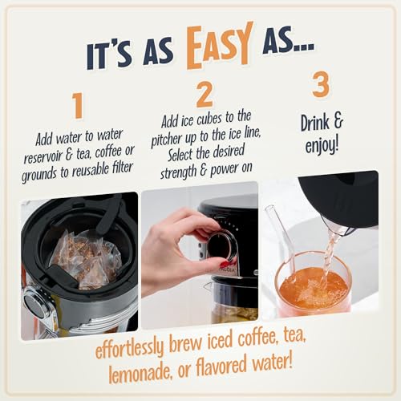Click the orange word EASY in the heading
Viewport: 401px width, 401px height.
click(x=220, y=46)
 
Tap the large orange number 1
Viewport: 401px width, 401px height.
click(x=78, y=105)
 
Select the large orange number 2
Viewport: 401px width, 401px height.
click(x=205, y=94)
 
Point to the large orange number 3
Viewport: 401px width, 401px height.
click(x=321, y=84)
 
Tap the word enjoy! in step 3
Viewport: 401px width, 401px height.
click(x=322, y=146)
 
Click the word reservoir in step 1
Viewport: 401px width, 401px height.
click(x=43, y=157)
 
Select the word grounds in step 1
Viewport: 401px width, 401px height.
click(x=39, y=176)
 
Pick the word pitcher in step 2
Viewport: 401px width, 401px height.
click(x=166, y=140)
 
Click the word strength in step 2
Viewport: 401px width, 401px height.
click(x=178, y=172)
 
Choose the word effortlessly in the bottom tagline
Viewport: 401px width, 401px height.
click(x=129, y=348)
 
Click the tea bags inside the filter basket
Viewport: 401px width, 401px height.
click(x=86, y=259)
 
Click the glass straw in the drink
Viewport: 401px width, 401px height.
click(x=283, y=241)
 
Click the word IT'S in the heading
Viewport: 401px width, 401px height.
click(x=108, y=57)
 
